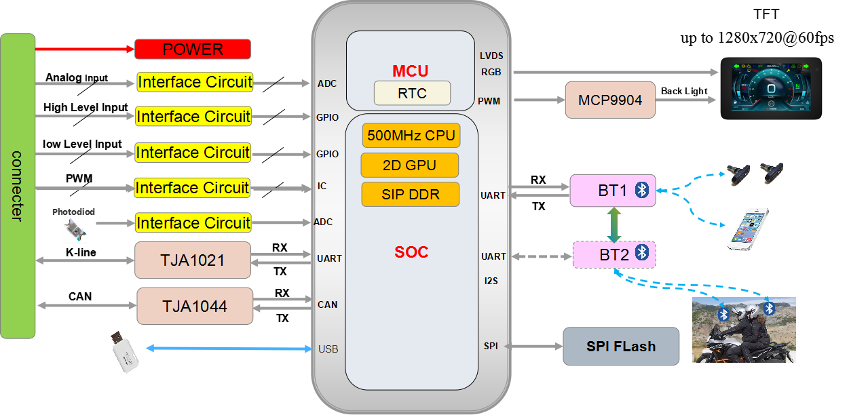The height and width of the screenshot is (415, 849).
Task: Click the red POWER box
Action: pos(193,49)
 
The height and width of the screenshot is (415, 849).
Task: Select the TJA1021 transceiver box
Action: pos(193,260)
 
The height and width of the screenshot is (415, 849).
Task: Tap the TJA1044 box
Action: pos(195,306)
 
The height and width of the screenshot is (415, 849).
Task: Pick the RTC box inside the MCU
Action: pos(412,93)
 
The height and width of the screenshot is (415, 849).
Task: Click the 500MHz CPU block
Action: pos(411,135)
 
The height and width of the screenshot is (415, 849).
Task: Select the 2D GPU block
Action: pos(409,165)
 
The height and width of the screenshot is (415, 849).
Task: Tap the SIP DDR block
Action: pos(410,194)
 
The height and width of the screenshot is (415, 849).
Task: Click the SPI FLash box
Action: pos(621,346)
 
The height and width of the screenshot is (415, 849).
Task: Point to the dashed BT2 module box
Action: pos(614,255)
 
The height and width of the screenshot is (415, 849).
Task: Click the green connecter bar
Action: pos(18,186)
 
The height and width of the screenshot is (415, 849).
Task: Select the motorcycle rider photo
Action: pos(743,330)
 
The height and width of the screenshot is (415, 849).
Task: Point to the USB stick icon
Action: pos(126,352)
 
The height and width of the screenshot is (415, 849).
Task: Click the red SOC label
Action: pos(411,252)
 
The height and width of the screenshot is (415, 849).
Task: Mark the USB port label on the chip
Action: pos(328,349)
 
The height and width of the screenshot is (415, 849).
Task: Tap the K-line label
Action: pos(81,252)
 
